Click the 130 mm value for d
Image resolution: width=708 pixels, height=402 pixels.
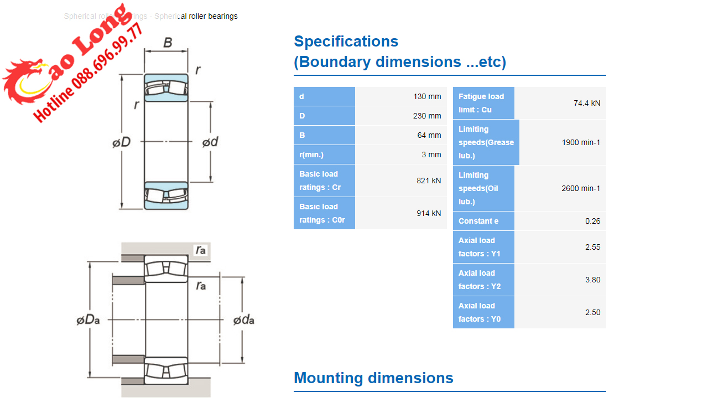(x=427, y=96)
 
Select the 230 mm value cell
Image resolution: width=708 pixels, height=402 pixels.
(x=427, y=116)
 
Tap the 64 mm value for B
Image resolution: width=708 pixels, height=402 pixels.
(x=429, y=135)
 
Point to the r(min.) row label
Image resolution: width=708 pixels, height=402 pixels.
(x=311, y=154)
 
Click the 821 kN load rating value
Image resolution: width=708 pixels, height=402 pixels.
(x=429, y=181)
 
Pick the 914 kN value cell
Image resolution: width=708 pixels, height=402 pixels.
(x=429, y=213)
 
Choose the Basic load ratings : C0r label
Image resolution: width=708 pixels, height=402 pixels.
(x=322, y=213)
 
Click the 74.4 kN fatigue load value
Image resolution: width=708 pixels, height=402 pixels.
(x=586, y=103)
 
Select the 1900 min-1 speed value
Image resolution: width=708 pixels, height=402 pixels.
(x=581, y=142)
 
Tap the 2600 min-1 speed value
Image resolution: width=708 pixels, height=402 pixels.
(x=581, y=188)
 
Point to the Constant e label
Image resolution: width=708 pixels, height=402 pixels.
(x=478, y=221)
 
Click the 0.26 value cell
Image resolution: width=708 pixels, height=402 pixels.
(x=592, y=221)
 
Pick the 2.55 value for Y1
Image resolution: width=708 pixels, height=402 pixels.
(x=592, y=247)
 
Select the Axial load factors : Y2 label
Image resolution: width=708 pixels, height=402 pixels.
(x=480, y=280)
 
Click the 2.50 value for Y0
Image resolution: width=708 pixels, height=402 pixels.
(x=592, y=312)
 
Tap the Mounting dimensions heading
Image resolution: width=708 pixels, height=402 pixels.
(x=373, y=378)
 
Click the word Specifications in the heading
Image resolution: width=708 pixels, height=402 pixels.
(x=346, y=42)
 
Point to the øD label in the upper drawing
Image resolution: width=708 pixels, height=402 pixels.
(x=121, y=142)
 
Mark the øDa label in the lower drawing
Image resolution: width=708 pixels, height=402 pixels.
(x=88, y=320)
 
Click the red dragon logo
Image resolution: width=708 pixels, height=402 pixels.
(x=25, y=83)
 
